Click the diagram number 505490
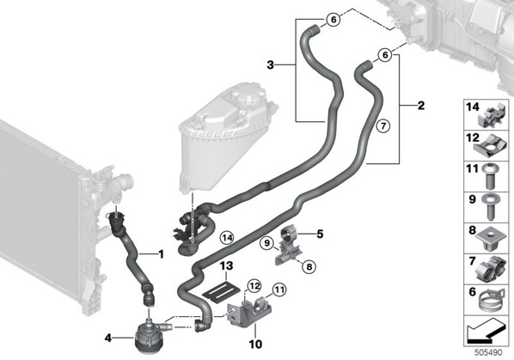click(488, 352)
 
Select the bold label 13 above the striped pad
click(226, 265)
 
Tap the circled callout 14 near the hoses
click(227, 237)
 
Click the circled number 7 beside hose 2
click(383, 125)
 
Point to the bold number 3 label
click(270, 64)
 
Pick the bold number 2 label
click(421, 106)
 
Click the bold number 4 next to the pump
click(108, 338)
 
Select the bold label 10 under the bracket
click(255, 345)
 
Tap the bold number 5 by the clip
click(320, 234)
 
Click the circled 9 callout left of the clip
click(266, 243)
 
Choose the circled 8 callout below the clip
click(309, 267)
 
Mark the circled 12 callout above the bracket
click(254, 286)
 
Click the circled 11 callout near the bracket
click(279, 290)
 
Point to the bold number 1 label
click(161, 253)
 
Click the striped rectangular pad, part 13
click(222, 289)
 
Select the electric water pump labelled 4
click(147, 338)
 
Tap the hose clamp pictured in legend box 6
click(489, 299)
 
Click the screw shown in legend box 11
click(491, 176)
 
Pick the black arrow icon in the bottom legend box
click(485, 331)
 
